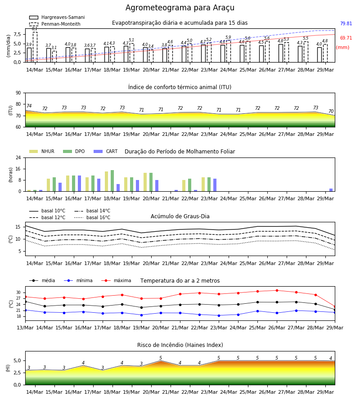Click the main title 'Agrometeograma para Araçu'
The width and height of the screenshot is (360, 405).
(x=180, y=8)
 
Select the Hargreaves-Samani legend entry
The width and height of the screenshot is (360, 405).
(x=57, y=17)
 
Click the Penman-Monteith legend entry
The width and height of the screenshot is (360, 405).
(x=55, y=24)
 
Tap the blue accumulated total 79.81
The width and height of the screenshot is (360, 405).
(x=346, y=23)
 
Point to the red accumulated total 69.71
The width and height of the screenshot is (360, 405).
(x=346, y=38)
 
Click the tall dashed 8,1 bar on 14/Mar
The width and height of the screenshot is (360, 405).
(x=35, y=47)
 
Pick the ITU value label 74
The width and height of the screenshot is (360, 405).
(x=29, y=106)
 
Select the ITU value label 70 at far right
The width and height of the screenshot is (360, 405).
(x=331, y=111)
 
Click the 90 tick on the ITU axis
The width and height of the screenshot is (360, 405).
(x=18, y=93)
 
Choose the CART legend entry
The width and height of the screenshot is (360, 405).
(x=106, y=151)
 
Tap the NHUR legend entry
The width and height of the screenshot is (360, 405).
(x=42, y=151)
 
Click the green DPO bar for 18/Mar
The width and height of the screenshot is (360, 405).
(x=112, y=181)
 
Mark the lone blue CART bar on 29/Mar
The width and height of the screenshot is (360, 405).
(x=331, y=190)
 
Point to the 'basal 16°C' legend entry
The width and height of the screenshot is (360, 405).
(x=92, y=217)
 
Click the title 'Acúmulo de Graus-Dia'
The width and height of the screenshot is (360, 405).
(x=180, y=216)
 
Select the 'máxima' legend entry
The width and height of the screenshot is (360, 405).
(x=116, y=280)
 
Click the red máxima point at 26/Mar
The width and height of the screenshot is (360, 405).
(x=277, y=291)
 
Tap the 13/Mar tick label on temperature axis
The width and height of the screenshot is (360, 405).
(x=25, y=328)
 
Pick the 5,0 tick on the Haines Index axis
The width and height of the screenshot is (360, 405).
(x=17, y=361)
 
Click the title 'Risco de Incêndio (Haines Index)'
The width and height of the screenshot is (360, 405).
(x=180, y=345)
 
